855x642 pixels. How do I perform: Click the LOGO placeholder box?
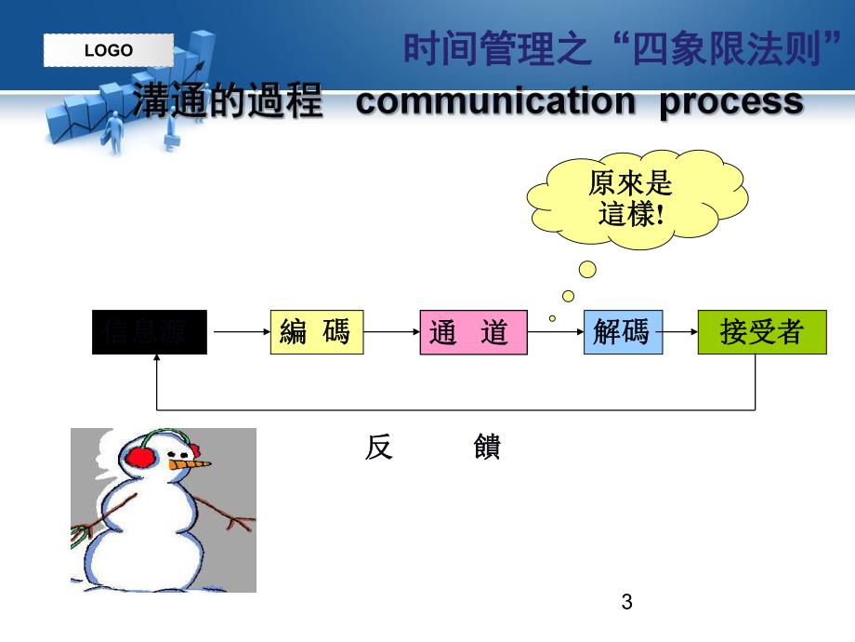109,50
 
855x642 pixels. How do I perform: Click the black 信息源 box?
149,332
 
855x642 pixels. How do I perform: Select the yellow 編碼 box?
316,332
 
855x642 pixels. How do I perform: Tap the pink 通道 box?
473,332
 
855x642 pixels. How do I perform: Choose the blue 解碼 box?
623,332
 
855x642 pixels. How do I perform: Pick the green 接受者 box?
761,332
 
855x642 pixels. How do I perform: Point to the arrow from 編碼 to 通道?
391,331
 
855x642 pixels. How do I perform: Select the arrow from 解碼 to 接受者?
680,331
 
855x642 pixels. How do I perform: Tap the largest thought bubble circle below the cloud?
587,270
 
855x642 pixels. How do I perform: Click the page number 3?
626,602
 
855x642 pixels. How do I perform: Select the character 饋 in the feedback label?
487,448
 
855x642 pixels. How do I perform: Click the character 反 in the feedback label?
379,448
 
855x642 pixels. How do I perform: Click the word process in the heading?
730,102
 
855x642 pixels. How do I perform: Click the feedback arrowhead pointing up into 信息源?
157,362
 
